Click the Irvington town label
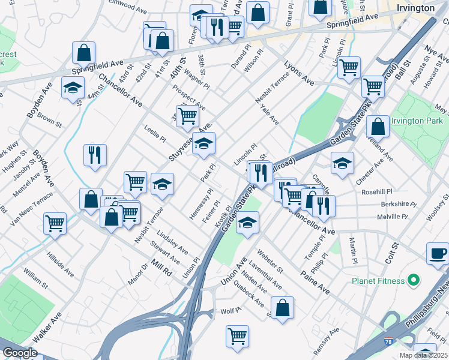pyautogui.click(x=415, y=8)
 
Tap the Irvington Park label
pyautogui.click(x=416, y=121)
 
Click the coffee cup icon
pyautogui.click(x=437, y=253)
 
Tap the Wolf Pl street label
pyautogui.click(x=231, y=311)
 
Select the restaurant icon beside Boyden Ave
pyautogui.click(x=95, y=155)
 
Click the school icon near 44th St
pyautogui.click(x=73, y=88)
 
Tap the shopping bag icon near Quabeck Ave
pyautogui.click(x=282, y=308)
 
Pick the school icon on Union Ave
pyautogui.click(x=247, y=223)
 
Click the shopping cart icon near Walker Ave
pyautogui.click(x=55, y=223)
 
